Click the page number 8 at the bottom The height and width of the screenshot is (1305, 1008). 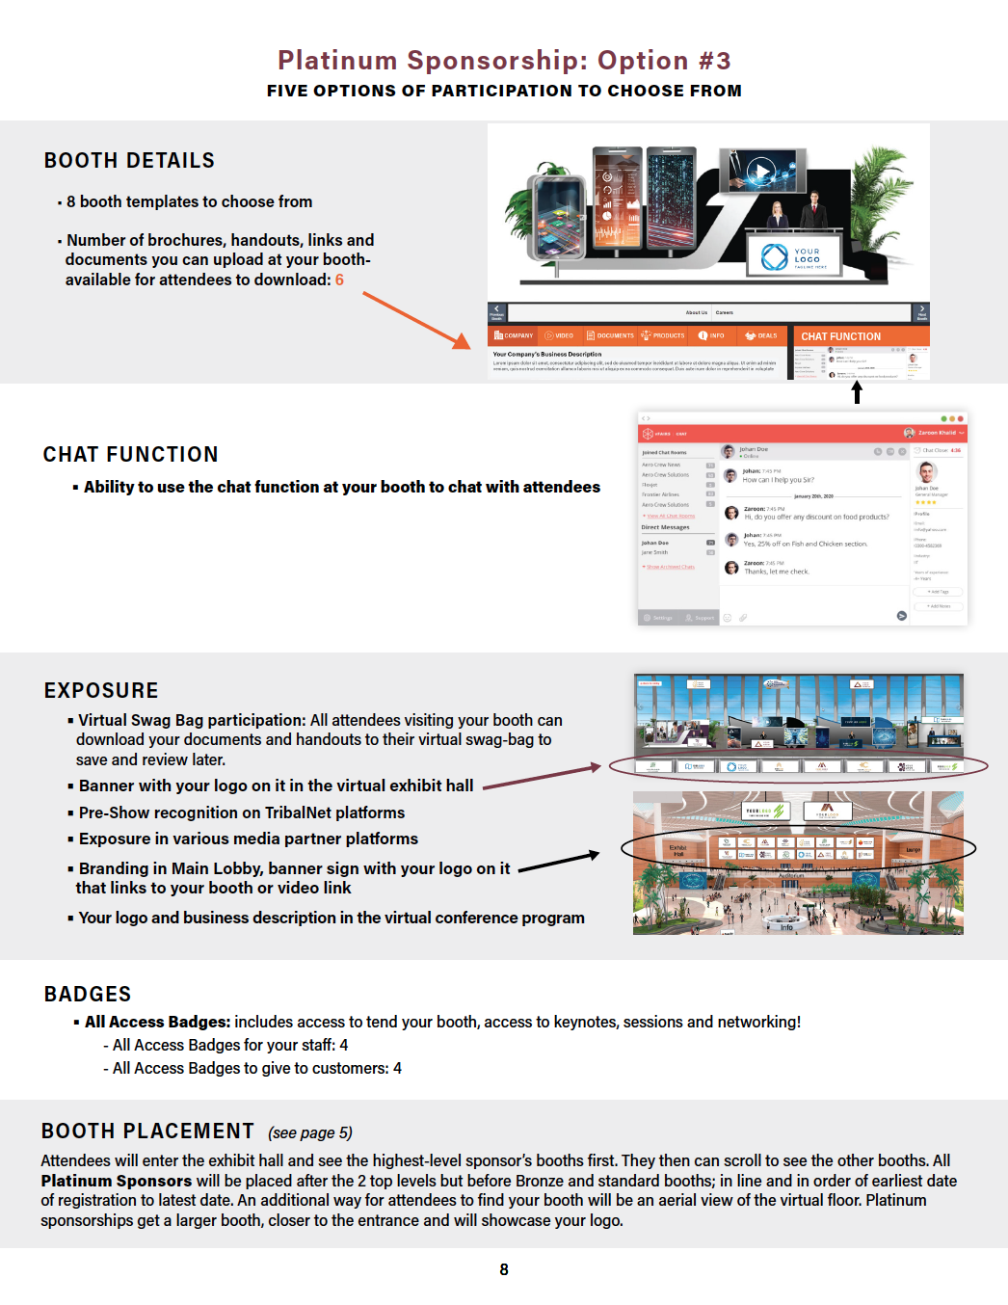point(504,1269)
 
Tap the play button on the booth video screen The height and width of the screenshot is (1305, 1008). point(761,172)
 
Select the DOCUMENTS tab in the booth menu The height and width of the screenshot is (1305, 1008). point(611,335)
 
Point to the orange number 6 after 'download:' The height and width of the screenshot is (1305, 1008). point(339,280)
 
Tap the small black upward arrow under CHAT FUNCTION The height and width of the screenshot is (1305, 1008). point(857,392)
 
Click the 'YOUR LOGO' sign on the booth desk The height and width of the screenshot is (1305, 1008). point(794,257)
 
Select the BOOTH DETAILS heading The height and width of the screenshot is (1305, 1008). point(129,161)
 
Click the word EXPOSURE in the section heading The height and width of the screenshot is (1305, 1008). point(101,691)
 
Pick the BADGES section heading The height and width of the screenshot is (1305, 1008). point(88,995)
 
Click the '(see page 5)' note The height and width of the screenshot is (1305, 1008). point(310,1132)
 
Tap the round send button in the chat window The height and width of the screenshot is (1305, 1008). point(902,616)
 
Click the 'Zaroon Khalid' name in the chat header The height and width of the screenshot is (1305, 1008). point(937,433)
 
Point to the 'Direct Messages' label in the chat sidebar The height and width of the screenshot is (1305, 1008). point(666,527)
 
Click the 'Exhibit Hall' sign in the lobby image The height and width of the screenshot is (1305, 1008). point(677,850)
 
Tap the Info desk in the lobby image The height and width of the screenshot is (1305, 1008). point(786,926)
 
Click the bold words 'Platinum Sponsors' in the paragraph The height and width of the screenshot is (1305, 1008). point(116,1181)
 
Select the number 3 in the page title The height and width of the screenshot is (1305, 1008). point(722,61)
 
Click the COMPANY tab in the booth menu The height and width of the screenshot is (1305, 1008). point(514,335)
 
